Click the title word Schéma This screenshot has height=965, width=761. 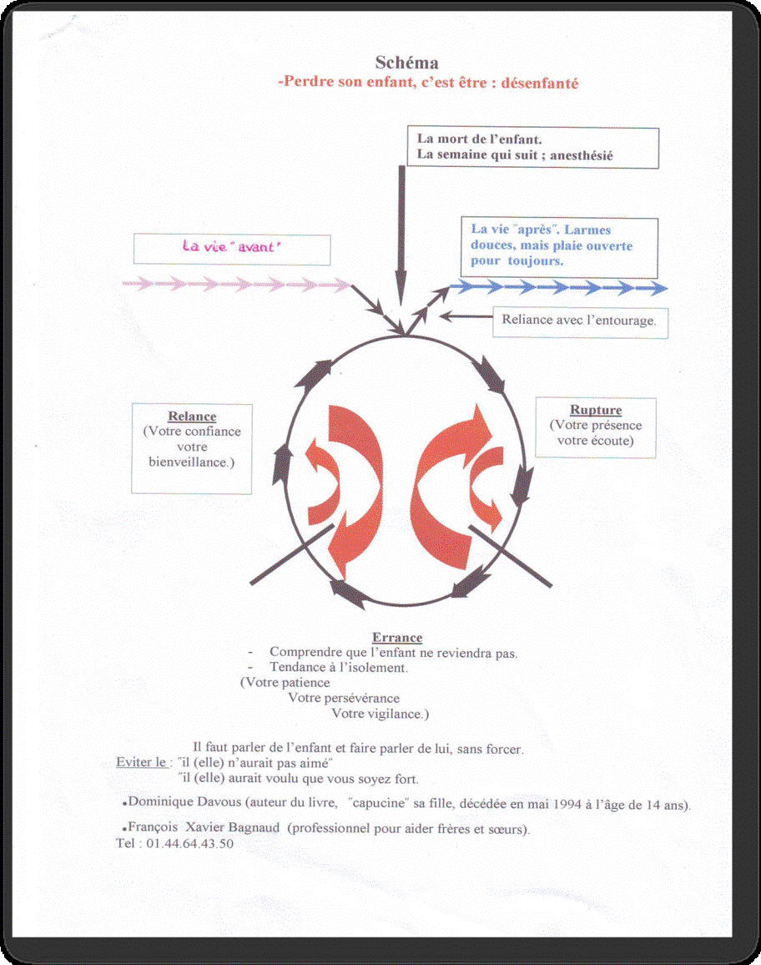(x=406, y=63)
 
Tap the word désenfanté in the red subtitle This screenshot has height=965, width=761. (x=540, y=83)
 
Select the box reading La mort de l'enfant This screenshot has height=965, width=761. (x=532, y=148)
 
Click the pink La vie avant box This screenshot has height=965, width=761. (x=232, y=250)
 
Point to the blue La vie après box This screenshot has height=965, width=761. (x=559, y=247)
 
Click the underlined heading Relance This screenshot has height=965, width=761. (x=192, y=416)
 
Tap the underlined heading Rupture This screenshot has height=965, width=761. (x=596, y=410)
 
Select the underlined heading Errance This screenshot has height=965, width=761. (x=397, y=638)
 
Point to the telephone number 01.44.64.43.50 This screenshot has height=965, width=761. (x=190, y=844)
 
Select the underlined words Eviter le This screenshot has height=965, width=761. (x=141, y=762)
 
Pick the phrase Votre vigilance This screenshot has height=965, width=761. (x=380, y=714)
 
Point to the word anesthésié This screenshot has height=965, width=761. (x=582, y=155)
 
